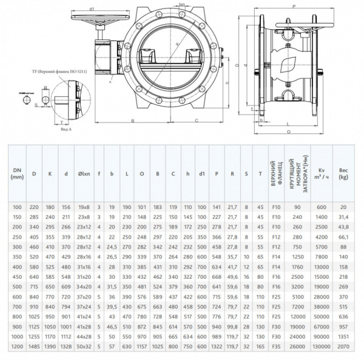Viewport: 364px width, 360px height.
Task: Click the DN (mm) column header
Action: pyautogui.click(x=17, y=174)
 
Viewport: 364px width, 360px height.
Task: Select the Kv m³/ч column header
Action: pyautogui.click(x=322, y=174)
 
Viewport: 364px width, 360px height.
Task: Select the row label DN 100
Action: pyautogui.click(x=17, y=207)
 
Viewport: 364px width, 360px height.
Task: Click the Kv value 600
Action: pyautogui.click(x=322, y=207)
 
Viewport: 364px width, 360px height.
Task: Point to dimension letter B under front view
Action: pyautogui.click(x=132, y=121)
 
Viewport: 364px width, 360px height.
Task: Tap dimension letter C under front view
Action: pyautogui.click(x=197, y=121)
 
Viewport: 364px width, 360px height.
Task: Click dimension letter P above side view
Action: pyautogui.click(x=294, y=6)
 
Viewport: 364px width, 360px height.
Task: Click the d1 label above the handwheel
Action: pyautogui.click(x=91, y=9)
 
